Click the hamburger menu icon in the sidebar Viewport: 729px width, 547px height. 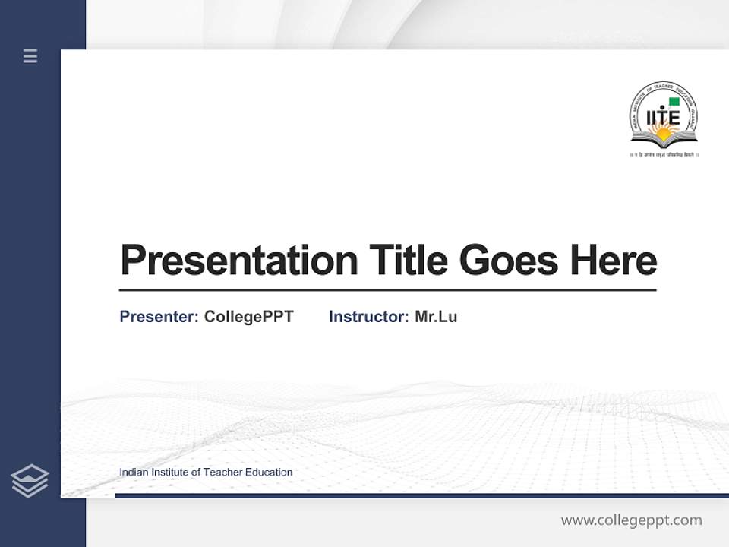pos(30,55)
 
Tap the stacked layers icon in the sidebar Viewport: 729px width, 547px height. pos(30,481)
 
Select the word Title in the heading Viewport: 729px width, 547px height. pos(409,261)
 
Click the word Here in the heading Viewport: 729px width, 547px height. pos(613,261)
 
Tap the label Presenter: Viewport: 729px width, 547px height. pos(159,317)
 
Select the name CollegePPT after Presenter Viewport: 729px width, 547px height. pos(248,317)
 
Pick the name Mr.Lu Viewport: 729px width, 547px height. pos(436,317)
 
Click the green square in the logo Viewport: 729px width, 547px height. pos(674,102)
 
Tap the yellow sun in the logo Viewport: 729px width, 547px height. pos(664,133)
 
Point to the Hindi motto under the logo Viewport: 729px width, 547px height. pos(664,154)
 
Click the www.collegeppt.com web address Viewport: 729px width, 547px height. pos(631,520)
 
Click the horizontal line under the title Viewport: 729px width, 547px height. pos(387,290)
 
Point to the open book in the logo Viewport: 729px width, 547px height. pos(664,140)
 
